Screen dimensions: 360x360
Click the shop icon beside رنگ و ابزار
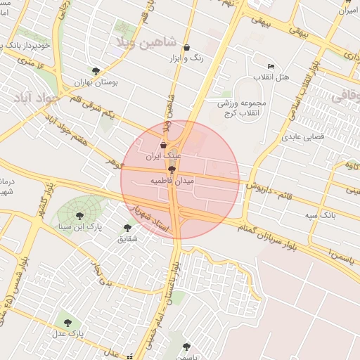click(x=186, y=48)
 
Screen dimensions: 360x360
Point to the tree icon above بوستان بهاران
click(x=96, y=70)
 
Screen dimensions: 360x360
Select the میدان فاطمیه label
click(x=172, y=181)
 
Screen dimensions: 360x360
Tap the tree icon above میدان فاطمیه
click(x=172, y=169)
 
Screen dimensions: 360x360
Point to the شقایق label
click(x=127, y=239)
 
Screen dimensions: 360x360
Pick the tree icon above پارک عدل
click(x=68, y=323)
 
